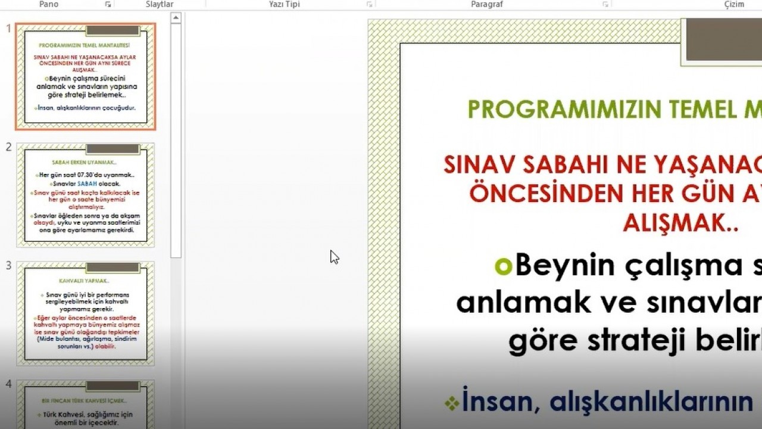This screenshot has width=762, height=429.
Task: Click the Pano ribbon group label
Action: click(x=48, y=4)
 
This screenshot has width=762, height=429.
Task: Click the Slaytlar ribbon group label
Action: click(x=160, y=4)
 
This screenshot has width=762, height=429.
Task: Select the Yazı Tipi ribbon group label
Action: click(x=284, y=4)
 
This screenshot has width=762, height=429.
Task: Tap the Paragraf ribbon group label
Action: click(x=487, y=4)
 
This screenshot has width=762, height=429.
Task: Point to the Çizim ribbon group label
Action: click(x=733, y=4)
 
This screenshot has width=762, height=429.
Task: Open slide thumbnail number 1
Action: click(x=86, y=76)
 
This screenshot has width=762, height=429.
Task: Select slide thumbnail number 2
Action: click(x=86, y=195)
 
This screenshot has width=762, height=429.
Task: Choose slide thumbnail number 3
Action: click(x=86, y=313)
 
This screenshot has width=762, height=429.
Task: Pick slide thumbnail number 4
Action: click(x=86, y=405)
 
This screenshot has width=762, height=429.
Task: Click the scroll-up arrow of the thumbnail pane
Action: click(x=176, y=18)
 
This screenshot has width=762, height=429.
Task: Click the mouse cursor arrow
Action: click(x=334, y=257)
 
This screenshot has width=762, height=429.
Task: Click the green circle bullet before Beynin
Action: click(x=503, y=266)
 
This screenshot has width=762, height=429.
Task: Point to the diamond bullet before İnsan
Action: click(x=452, y=403)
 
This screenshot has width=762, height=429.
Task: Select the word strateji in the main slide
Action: click(x=637, y=340)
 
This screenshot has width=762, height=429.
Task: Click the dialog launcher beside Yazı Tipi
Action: click(x=369, y=4)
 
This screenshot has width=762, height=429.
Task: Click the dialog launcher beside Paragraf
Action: click(x=605, y=4)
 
